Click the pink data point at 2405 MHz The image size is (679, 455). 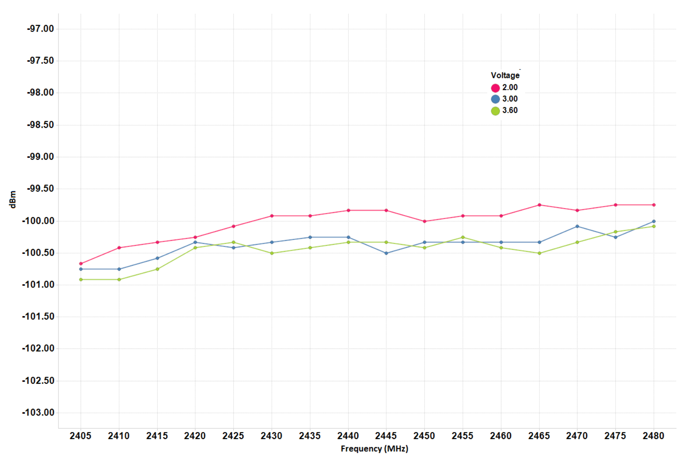[x=81, y=264]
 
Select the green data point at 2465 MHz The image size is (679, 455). [x=539, y=253]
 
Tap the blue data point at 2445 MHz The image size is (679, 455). [x=386, y=253]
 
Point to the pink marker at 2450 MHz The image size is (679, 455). [x=424, y=221]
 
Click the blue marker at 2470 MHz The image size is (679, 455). [x=577, y=226]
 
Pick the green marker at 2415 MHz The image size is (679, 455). [x=157, y=269]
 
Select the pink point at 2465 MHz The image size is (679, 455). [x=539, y=205]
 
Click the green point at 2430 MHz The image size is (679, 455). [x=272, y=253]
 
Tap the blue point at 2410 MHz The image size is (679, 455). [x=119, y=269]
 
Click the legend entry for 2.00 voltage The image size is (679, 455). [x=505, y=88]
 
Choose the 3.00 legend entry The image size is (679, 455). [x=505, y=99]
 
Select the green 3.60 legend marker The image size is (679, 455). [x=495, y=111]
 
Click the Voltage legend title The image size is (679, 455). [x=505, y=75]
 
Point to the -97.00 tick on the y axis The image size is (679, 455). [x=41, y=29]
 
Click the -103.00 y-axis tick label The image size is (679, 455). [x=38, y=412]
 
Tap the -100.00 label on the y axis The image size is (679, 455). [x=38, y=221]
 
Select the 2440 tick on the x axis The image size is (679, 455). [x=348, y=436]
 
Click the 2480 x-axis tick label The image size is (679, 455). [x=653, y=436]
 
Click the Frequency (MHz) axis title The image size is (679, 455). [x=374, y=448]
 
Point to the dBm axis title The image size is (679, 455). [x=13, y=199]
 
